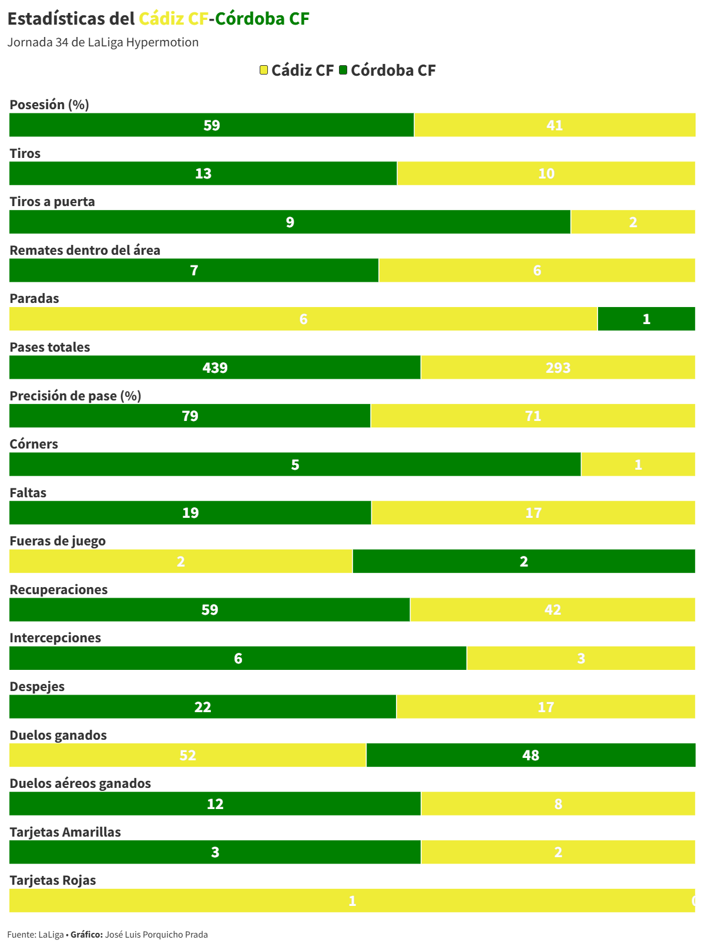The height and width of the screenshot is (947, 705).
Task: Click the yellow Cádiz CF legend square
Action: (264, 70)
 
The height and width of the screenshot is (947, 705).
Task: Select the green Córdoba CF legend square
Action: (343, 70)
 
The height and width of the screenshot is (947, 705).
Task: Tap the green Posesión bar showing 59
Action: (211, 125)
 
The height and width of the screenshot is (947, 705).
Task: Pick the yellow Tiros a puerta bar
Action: (633, 222)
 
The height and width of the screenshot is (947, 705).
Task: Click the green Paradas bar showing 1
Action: (646, 319)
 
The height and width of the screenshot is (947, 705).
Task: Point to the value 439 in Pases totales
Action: (215, 368)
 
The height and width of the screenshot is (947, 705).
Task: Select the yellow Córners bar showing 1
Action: (638, 464)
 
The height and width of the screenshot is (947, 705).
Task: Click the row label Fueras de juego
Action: (58, 541)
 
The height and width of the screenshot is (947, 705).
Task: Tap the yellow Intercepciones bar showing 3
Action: (581, 658)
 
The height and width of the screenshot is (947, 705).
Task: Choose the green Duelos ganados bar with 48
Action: (531, 755)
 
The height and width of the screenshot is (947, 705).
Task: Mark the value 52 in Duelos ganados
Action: (187, 755)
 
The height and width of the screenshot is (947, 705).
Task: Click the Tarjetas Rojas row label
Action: (53, 880)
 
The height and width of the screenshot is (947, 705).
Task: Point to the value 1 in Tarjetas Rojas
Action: (352, 901)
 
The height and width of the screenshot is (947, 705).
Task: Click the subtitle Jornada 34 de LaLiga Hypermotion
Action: (103, 42)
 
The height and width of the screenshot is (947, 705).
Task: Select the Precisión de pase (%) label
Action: (75, 396)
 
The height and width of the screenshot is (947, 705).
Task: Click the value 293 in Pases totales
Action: (558, 368)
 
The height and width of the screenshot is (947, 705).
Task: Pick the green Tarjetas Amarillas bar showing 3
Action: (215, 852)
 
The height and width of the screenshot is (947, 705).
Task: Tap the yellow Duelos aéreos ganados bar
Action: (558, 804)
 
